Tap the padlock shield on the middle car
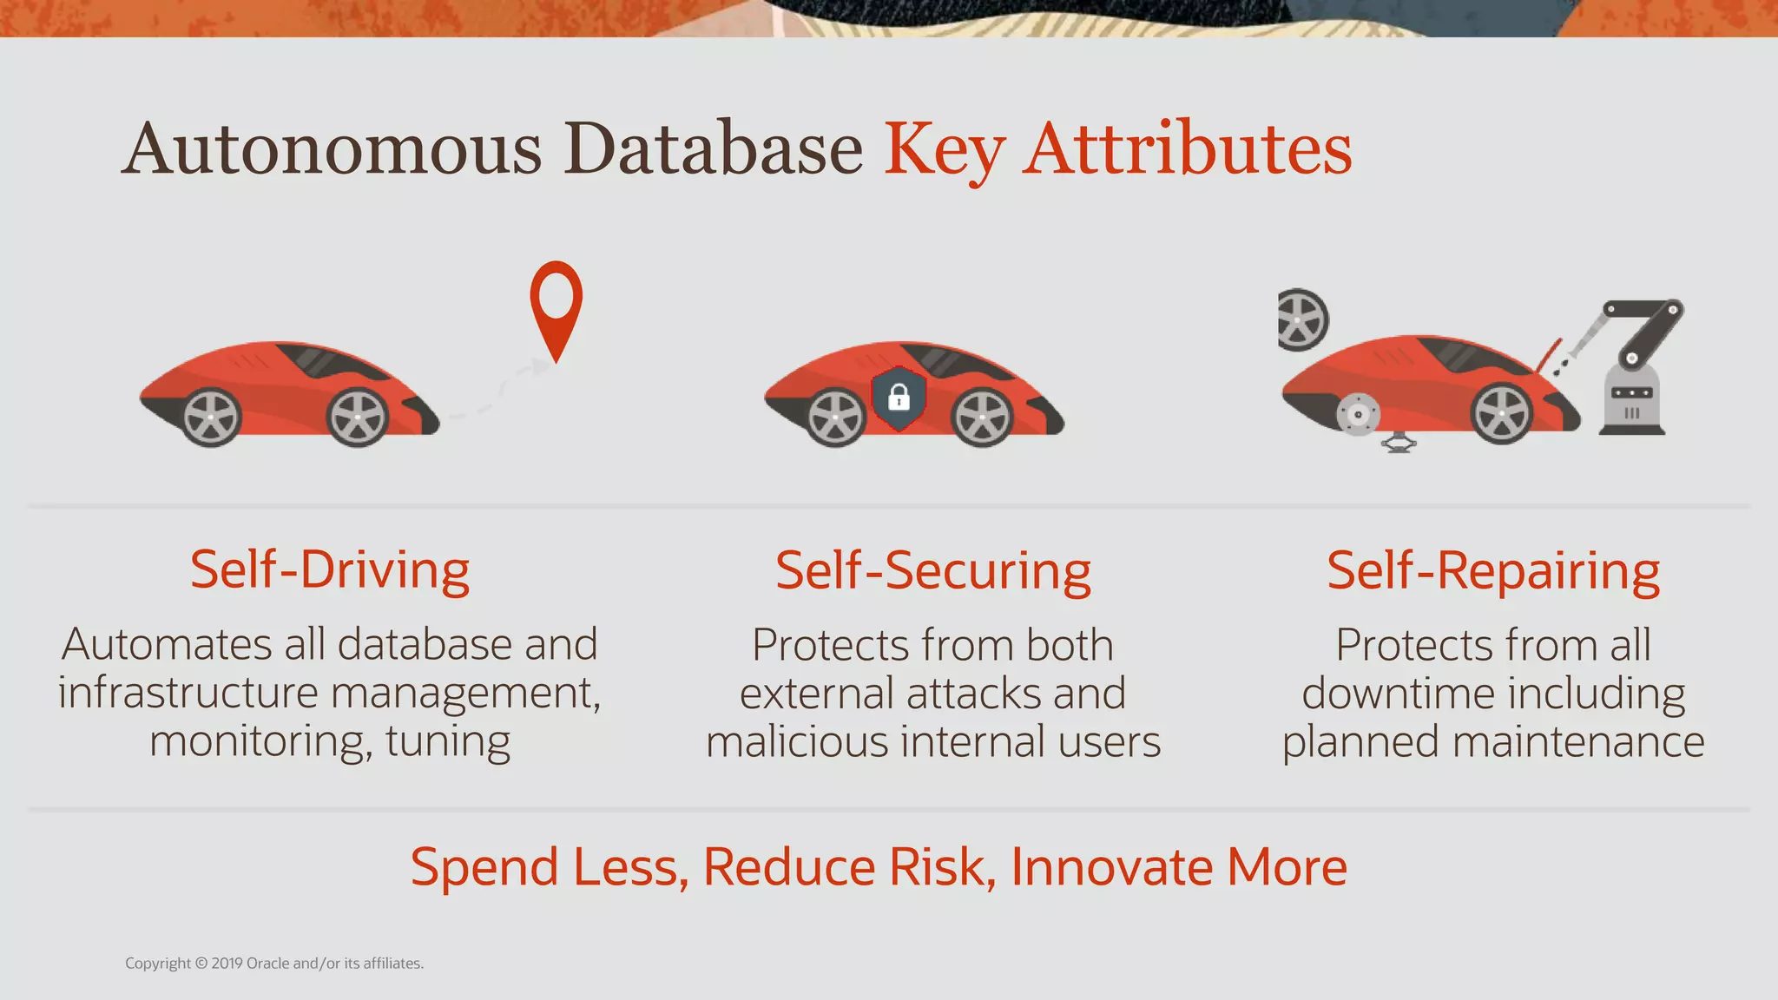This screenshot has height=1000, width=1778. (899, 398)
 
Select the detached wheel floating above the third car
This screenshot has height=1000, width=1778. (1300, 319)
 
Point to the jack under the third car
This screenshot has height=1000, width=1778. (1399, 443)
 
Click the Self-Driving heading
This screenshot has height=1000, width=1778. (330, 570)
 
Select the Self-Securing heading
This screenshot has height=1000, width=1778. (932, 571)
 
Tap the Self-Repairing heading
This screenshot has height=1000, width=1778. (1492, 571)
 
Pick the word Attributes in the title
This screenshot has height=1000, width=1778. (1186, 149)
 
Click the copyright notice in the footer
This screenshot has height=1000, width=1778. (274, 964)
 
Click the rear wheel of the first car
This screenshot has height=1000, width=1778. (211, 418)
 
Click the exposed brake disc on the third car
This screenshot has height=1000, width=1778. (1358, 415)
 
